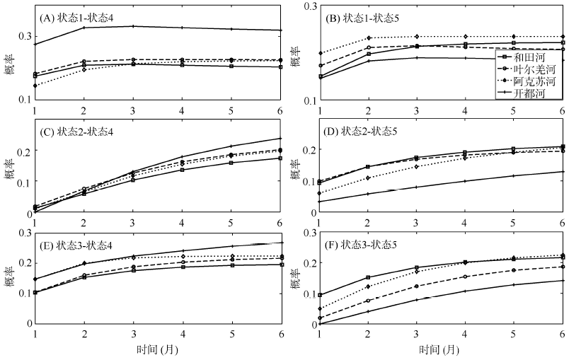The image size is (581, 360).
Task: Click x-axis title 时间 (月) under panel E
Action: pyautogui.click(x=157, y=350)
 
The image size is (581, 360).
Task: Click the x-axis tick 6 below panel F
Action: pyautogui.click(x=562, y=334)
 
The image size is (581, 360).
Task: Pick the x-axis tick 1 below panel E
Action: pyautogui.click(x=34, y=334)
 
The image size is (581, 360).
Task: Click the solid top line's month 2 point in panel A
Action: pyautogui.click(x=84, y=28)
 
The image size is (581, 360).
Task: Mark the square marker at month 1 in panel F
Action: pyautogui.click(x=320, y=295)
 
